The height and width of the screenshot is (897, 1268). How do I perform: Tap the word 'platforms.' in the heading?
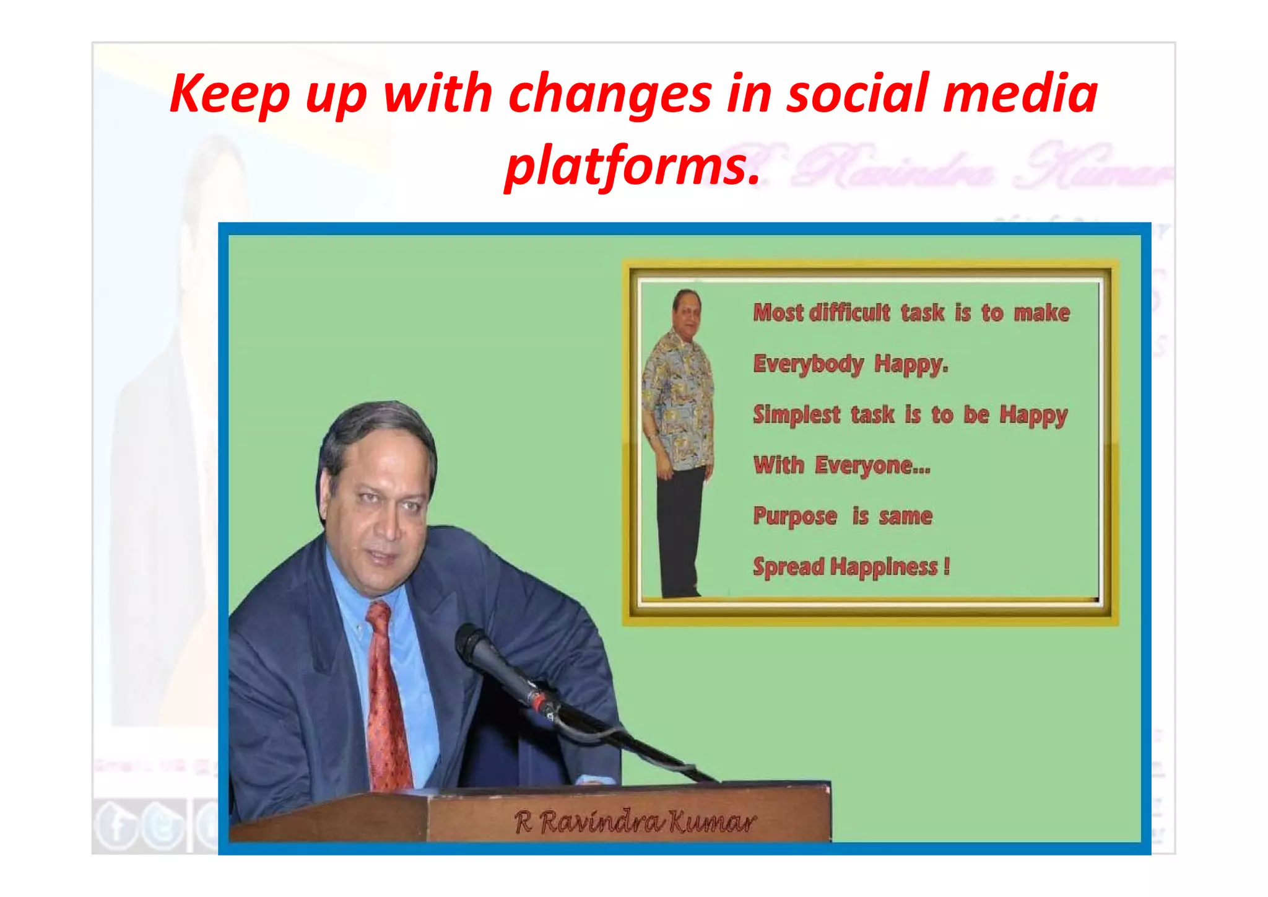632,165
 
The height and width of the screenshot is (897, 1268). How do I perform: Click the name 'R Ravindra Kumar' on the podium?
635,823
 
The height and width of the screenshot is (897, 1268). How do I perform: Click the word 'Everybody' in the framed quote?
807,364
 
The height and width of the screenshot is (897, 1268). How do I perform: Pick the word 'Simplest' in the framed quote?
796,414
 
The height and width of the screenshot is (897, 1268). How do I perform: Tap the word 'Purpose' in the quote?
794,516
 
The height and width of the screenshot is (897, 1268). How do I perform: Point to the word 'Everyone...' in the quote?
872,465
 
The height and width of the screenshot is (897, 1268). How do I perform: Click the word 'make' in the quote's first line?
1041,313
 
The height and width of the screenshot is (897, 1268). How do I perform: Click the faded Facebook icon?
116,826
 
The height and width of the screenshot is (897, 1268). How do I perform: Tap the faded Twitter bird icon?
163,826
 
